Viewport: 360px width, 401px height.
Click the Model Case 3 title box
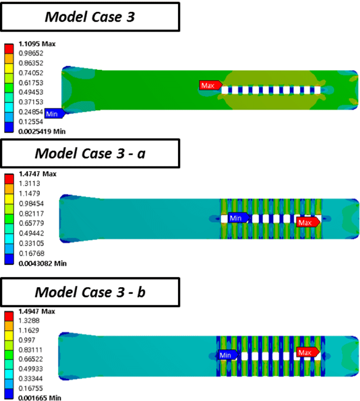tap(90, 17)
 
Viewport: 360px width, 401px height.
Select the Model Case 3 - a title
tap(90, 154)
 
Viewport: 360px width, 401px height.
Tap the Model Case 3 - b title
tap(90, 292)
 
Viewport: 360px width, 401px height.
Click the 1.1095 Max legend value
tap(37, 44)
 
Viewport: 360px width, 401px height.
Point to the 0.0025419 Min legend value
tap(42, 131)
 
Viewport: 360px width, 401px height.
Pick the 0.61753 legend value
tap(31, 83)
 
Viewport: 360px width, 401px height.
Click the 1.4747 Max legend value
tap(37, 174)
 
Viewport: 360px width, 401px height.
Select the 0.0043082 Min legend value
tap(43, 264)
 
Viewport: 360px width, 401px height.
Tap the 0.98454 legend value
tap(31, 204)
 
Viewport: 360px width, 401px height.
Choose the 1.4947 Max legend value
tap(37, 311)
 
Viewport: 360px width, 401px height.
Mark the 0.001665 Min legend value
tap(40, 398)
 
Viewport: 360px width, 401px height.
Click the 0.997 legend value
tap(27, 340)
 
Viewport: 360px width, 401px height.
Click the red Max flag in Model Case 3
tap(210, 85)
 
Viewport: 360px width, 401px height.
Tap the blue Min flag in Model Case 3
tap(55, 114)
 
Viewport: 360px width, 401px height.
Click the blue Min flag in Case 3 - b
tap(228, 355)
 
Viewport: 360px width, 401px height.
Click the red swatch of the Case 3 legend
tap(9, 49)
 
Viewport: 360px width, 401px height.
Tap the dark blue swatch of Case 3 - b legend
tap(9, 394)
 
